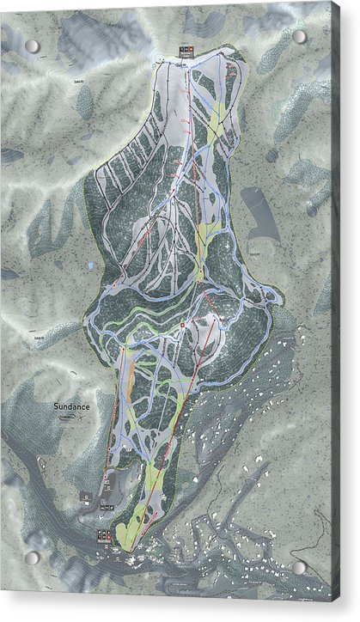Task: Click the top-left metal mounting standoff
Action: click(x=32, y=46)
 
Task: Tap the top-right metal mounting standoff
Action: click(x=299, y=37)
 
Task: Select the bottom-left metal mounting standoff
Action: click(x=32, y=558)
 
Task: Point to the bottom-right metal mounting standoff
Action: click(x=299, y=568)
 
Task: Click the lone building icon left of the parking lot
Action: click(x=85, y=497)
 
